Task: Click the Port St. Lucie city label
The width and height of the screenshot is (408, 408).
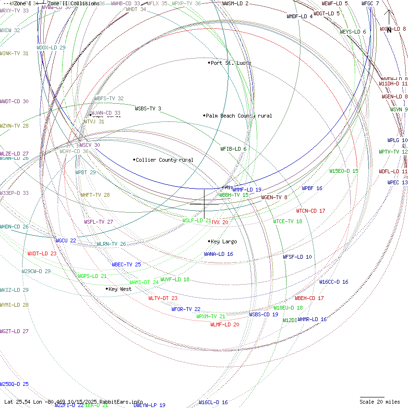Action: click(x=231, y=63)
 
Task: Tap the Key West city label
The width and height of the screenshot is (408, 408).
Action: click(x=120, y=289)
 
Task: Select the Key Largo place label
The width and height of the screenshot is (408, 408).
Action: click(x=224, y=241)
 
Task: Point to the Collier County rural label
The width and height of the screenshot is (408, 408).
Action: click(x=165, y=160)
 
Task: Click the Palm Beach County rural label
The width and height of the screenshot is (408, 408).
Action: click(x=239, y=116)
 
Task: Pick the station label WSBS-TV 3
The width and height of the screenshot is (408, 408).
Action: click(x=148, y=108)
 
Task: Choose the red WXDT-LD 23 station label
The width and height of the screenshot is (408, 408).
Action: click(x=42, y=253)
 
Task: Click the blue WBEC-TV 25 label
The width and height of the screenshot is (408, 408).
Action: click(x=126, y=264)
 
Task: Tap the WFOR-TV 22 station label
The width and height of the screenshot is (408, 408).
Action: click(x=186, y=309)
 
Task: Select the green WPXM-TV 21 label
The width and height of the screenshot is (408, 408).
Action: click(x=211, y=316)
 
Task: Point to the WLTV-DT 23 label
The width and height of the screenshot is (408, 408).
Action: click(x=163, y=298)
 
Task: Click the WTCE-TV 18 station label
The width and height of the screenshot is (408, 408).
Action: click(x=288, y=221)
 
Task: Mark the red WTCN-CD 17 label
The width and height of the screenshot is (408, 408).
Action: click(x=311, y=211)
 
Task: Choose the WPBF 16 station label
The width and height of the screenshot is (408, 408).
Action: click(x=312, y=188)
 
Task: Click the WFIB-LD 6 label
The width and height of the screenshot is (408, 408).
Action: click(x=233, y=149)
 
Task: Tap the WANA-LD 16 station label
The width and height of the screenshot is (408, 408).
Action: click(x=218, y=254)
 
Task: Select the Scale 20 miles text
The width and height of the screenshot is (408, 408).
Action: click(x=380, y=402)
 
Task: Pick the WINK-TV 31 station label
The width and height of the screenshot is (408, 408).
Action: click(x=14, y=53)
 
